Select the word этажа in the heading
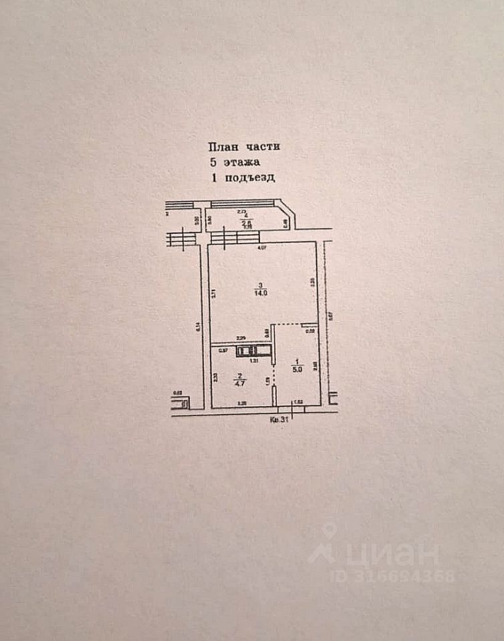pyautogui.click(x=242, y=162)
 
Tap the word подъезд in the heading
pyautogui.click(x=249, y=178)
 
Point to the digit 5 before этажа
pyautogui.click(x=213, y=162)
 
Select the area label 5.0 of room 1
pyautogui.click(x=298, y=366)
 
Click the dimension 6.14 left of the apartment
pyautogui.click(x=199, y=327)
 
